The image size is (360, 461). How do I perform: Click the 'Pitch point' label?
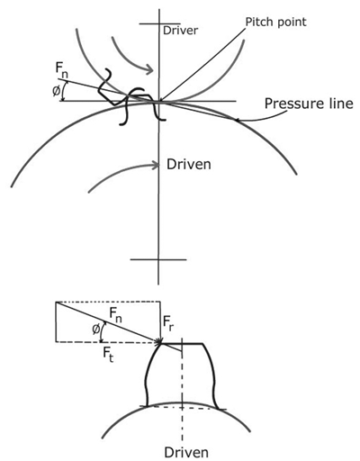point(276,23)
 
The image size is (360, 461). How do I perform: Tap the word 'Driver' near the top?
point(180,31)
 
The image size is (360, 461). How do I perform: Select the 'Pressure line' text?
point(309,104)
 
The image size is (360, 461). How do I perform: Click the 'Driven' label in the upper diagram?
point(189,164)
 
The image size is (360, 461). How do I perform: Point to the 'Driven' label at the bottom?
point(186,452)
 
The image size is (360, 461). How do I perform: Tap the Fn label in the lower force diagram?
point(115,315)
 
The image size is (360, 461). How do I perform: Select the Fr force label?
point(169,322)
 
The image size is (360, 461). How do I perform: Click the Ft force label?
point(108,356)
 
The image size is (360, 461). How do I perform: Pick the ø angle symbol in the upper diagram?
point(56,91)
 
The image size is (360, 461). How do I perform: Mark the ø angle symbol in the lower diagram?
point(96,330)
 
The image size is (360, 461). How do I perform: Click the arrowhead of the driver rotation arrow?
point(150,70)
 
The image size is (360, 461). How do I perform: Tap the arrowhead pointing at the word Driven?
point(156,165)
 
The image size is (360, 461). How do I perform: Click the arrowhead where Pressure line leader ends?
point(237,121)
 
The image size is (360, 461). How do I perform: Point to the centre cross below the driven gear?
point(158,259)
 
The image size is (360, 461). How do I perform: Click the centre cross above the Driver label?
point(159,23)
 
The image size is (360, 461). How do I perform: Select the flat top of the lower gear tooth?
point(182,343)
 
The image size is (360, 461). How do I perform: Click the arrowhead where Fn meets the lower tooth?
point(158,341)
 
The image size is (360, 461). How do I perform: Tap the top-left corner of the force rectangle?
point(56,302)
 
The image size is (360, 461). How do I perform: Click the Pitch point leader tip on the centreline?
point(159,101)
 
